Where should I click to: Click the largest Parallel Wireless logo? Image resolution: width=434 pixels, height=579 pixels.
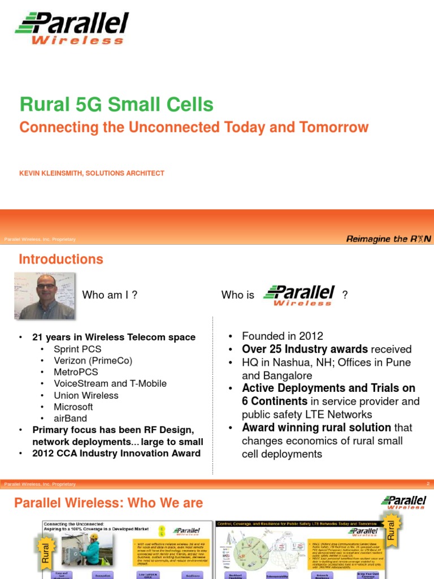pos(72,28)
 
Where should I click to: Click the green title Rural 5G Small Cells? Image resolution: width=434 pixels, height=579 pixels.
pos(116,104)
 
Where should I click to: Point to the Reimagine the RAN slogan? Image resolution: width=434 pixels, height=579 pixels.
pos(388,239)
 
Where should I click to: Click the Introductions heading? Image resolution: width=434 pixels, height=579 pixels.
pos(61,260)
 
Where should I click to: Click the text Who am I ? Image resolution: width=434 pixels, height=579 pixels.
pos(110,295)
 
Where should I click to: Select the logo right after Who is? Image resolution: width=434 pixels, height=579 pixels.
pos(299,295)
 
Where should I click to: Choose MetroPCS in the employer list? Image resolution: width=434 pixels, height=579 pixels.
pos(76,372)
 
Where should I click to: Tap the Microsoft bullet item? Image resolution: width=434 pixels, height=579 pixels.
pos(73,407)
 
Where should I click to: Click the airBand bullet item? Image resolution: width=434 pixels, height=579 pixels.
pos(70,418)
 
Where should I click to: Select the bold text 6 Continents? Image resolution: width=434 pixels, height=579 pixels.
pos(275,401)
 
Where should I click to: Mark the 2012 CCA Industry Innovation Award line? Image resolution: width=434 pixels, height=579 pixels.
pos(116,453)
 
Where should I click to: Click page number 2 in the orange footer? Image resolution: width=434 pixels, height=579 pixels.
pos(428,484)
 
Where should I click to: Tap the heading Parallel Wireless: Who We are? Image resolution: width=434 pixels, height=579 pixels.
pos(108,503)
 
